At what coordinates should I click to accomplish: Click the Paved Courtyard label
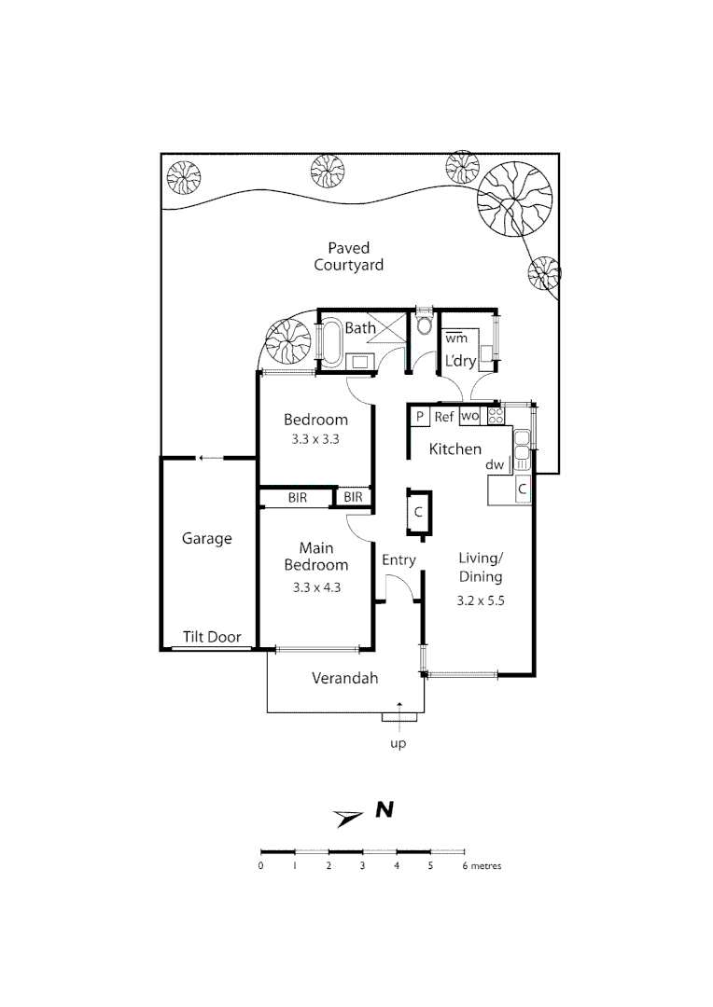tap(348, 256)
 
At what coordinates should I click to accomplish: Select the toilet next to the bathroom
tap(425, 325)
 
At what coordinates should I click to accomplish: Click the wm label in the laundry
tap(455, 338)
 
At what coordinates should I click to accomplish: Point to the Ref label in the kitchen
tap(444, 418)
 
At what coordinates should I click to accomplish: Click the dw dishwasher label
tap(495, 464)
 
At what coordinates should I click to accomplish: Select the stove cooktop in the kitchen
tap(496, 417)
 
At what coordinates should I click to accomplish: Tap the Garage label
tap(206, 539)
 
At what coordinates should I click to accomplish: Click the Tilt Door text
tap(211, 638)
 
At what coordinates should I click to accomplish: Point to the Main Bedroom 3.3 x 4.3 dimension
tap(315, 587)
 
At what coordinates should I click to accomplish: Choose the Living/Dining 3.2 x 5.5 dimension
tap(482, 600)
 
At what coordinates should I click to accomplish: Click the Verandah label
tap(344, 679)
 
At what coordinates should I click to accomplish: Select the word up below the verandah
tap(398, 744)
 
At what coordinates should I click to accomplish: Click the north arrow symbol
tap(349, 818)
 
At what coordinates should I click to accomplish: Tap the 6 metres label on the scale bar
tap(482, 866)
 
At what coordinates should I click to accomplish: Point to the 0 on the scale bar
tap(260, 866)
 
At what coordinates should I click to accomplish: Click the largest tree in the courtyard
tap(511, 200)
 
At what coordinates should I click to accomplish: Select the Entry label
tap(398, 560)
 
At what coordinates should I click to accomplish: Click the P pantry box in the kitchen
tap(420, 418)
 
